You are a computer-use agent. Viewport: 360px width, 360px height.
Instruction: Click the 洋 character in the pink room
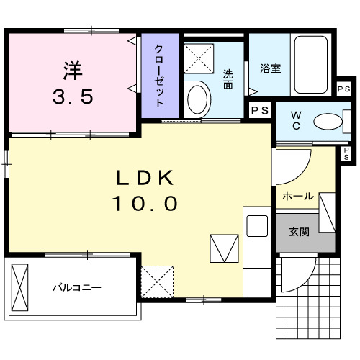[x=72, y=71]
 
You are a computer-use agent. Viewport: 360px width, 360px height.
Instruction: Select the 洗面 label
[x=228, y=78]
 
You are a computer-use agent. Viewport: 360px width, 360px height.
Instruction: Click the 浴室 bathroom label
[x=270, y=69]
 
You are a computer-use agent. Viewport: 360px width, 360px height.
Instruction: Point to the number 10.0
[x=145, y=204]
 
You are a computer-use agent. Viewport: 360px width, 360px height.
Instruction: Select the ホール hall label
[x=297, y=196]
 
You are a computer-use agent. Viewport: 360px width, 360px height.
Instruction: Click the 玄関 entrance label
[x=300, y=232]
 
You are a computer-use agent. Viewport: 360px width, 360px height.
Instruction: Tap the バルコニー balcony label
[x=76, y=288]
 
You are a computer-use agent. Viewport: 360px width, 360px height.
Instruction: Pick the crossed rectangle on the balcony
[x=20, y=287]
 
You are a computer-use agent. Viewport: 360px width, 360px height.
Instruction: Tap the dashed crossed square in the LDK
[x=158, y=280]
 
